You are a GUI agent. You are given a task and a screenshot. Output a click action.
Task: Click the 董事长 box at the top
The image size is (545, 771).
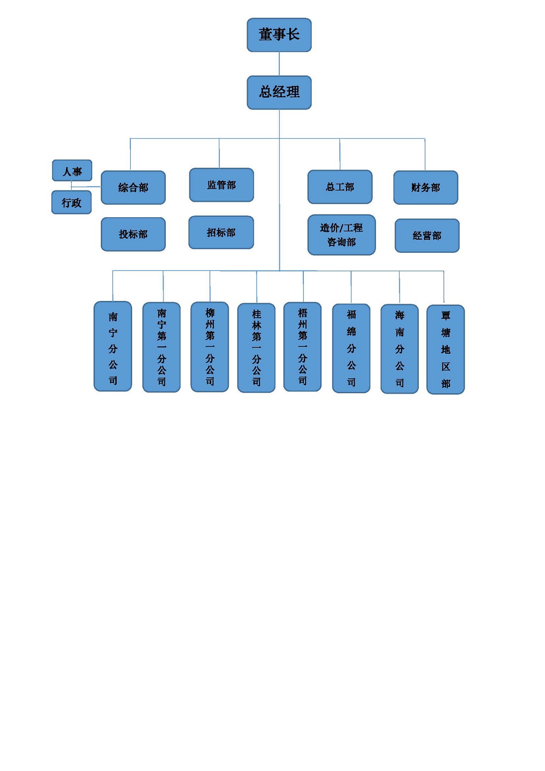(279, 35)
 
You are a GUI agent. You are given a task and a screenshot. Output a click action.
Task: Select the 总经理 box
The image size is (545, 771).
(279, 92)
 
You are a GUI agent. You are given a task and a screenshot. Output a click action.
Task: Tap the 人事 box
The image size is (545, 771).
(72, 171)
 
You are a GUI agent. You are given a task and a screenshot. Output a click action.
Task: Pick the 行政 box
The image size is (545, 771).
(71, 202)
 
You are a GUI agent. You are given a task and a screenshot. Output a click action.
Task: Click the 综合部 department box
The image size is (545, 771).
(133, 187)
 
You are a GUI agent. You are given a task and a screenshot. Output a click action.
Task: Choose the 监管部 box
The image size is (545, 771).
(221, 185)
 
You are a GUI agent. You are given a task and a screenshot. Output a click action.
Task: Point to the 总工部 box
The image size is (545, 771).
(340, 187)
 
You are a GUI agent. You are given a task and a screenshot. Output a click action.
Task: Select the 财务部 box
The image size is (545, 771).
(426, 187)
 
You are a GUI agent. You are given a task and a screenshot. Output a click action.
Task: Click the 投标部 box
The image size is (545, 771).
(133, 234)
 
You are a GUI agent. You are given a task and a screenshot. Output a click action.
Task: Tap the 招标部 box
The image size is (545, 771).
(221, 232)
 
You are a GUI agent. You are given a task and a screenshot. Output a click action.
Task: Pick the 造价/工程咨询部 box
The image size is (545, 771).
(342, 235)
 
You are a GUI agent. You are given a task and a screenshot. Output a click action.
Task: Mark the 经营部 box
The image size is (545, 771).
(427, 235)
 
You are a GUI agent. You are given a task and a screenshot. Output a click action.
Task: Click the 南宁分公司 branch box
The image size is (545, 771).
(113, 346)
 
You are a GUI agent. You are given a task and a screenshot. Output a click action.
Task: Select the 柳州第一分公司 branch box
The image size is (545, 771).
(209, 347)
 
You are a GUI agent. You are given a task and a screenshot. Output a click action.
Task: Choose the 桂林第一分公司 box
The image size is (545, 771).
(256, 348)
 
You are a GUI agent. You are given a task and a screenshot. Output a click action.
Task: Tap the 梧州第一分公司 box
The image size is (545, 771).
(302, 347)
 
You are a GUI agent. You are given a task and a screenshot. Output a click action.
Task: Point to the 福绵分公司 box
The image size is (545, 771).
(351, 348)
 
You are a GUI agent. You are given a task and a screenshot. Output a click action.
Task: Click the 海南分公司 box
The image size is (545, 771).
(399, 349)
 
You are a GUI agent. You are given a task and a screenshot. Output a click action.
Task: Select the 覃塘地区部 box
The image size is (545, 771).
(446, 350)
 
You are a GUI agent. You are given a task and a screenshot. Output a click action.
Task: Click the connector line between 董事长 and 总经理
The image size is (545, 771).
(279, 64)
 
